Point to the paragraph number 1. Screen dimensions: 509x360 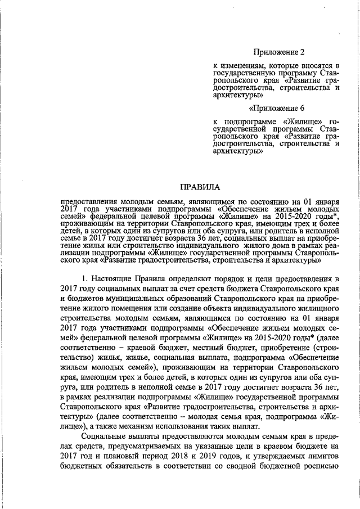(x=84, y=278)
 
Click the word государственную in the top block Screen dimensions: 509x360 (x=243, y=73)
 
